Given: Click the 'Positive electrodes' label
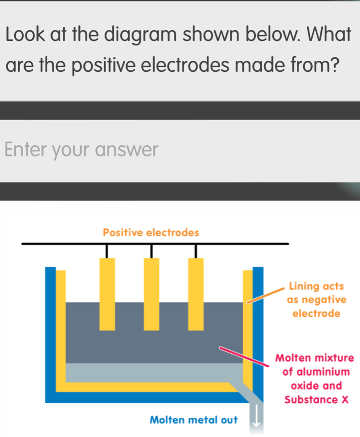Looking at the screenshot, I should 151,233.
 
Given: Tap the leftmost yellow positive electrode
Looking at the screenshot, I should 107,293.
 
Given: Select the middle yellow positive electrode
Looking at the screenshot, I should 152,293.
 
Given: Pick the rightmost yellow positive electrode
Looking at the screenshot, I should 196,293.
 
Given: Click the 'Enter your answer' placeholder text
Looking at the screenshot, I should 82,150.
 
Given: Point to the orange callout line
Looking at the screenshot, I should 267,294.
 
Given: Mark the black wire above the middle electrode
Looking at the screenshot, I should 152,251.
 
